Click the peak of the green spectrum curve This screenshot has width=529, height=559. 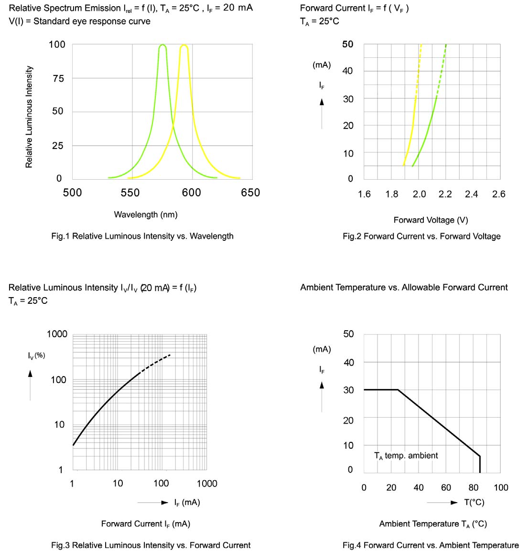tap(162, 45)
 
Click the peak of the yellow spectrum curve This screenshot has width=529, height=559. tap(184, 45)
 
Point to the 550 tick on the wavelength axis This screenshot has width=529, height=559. tap(130, 193)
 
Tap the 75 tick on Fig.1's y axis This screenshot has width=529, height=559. tap(58, 78)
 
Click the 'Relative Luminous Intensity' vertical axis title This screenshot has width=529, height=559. tap(29, 117)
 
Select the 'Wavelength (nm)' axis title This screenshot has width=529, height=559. tap(146, 215)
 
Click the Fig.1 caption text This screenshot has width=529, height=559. tap(142, 236)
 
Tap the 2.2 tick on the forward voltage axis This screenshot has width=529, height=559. tap(445, 194)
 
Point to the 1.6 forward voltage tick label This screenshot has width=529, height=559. tap(364, 194)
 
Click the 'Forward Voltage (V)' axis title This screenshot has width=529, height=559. tap(431, 220)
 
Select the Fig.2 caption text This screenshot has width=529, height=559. tap(421, 236)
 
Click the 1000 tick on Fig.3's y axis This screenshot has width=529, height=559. tap(57, 334)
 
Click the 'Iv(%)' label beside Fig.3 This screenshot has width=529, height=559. tap(36, 355)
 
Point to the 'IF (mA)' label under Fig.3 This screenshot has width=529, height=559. tap(187, 502)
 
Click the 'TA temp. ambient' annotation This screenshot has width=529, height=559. tap(406, 456)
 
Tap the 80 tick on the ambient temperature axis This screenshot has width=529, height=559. tap(474, 487)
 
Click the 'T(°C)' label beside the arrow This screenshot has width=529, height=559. tap(474, 502)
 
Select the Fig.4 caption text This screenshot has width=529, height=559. tap(431, 545)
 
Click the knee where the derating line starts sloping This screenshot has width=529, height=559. tap(398, 390)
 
